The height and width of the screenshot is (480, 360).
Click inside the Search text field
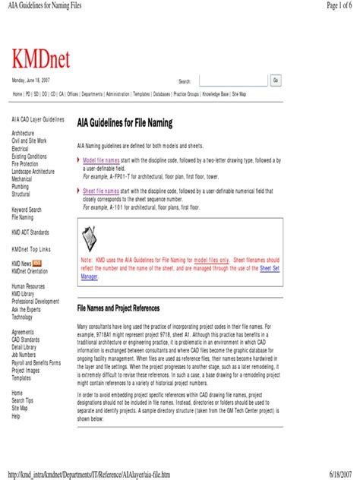point(232,81)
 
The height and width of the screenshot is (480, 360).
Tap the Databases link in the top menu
point(161,94)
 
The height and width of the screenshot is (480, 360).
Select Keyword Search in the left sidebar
point(27,210)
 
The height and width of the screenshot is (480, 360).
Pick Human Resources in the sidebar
point(28,287)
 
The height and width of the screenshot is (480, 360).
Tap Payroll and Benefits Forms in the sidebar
point(36,363)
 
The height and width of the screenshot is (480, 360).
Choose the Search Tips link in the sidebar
point(22,400)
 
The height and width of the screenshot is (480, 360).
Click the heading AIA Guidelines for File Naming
point(125,123)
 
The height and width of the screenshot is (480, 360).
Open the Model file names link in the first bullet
point(101,160)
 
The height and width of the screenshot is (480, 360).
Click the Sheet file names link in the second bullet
point(101,191)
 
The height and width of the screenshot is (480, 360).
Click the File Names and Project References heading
point(118,309)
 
